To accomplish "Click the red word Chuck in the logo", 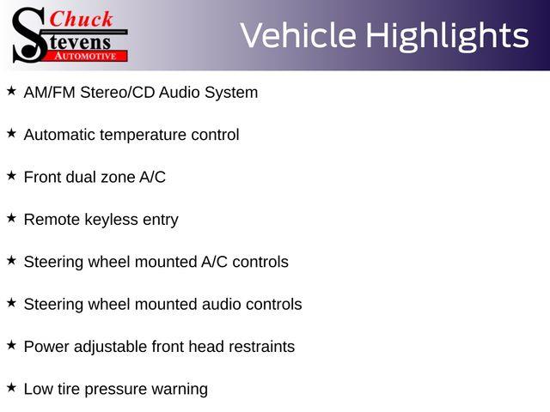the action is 81,19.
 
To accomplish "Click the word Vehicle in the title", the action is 298,35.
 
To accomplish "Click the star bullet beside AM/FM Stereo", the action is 11,91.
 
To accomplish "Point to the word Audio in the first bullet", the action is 180,93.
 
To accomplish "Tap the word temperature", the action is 143,135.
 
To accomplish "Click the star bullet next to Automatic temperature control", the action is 11,133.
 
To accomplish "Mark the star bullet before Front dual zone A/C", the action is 11,175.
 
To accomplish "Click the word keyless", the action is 111,220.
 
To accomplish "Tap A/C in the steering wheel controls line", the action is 214,262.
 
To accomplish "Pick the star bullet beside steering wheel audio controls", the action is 11,303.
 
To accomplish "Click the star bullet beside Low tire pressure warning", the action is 11,387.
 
